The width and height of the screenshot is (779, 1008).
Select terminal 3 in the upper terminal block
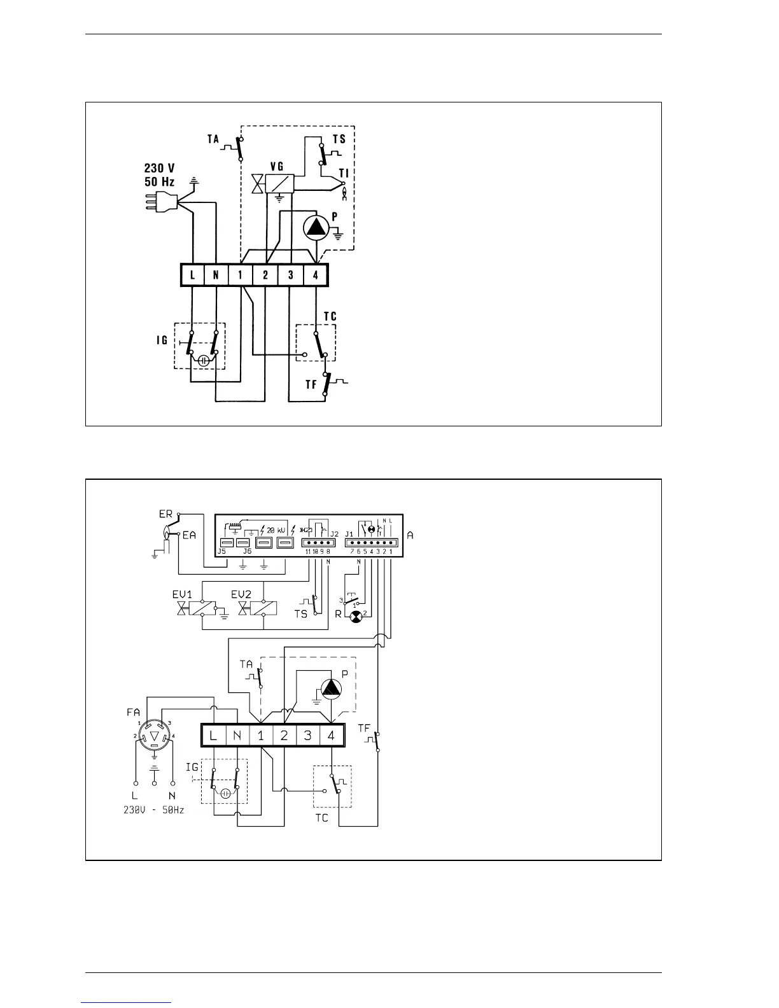pyautogui.click(x=291, y=275)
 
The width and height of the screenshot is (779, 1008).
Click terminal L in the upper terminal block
pyautogui.click(x=192, y=275)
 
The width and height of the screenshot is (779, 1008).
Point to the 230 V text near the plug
pyautogui.click(x=160, y=169)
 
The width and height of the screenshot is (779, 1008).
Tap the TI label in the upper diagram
pyautogui.click(x=344, y=172)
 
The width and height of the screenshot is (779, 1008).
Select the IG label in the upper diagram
pyautogui.click(x=162, y=340)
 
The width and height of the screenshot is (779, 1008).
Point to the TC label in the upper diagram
pyautogui.click(x=330, y=316)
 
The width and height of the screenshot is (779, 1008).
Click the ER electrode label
pyautogui.click(x=165, y=514)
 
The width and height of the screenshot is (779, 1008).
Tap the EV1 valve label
pyautogui.click(x=182, y=594)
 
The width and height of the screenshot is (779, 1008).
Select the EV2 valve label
pyautogui.click(x=241, y=594)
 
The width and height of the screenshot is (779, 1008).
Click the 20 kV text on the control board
pyautogui.click(x=277, y=529)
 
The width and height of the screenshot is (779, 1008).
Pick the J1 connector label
pyautogui.click(x=349, y=533)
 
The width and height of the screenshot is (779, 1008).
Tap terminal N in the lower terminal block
pyautogui.click(x=237, y=736)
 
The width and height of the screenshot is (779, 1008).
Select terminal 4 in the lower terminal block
pyautogui.click(x=332, y=736)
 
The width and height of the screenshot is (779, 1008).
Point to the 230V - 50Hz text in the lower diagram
pyautogui.click(x=155, y=811)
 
